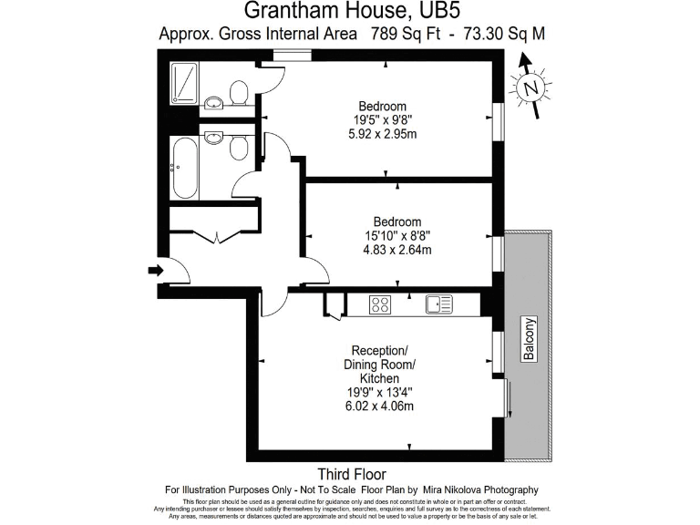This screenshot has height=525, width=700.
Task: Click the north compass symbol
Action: pos(530,87)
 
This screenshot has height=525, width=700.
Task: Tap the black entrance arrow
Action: pos(156,270)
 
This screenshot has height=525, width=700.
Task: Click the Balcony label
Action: pos(529,339)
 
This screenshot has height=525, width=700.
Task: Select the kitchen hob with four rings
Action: pos(380,305)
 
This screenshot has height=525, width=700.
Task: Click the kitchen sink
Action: pos(438,305)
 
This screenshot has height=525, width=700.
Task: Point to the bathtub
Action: pos(183,167)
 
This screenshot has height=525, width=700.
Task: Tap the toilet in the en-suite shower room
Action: pos(239,92)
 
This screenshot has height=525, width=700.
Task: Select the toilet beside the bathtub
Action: pos(239,148)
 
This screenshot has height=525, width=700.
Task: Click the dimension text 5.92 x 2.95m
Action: pos(383,134)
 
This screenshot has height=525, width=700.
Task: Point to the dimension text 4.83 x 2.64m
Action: pos(397,250)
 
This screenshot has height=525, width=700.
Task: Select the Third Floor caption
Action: pos(351,474)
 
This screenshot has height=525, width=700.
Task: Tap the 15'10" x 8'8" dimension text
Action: pos(397,235)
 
